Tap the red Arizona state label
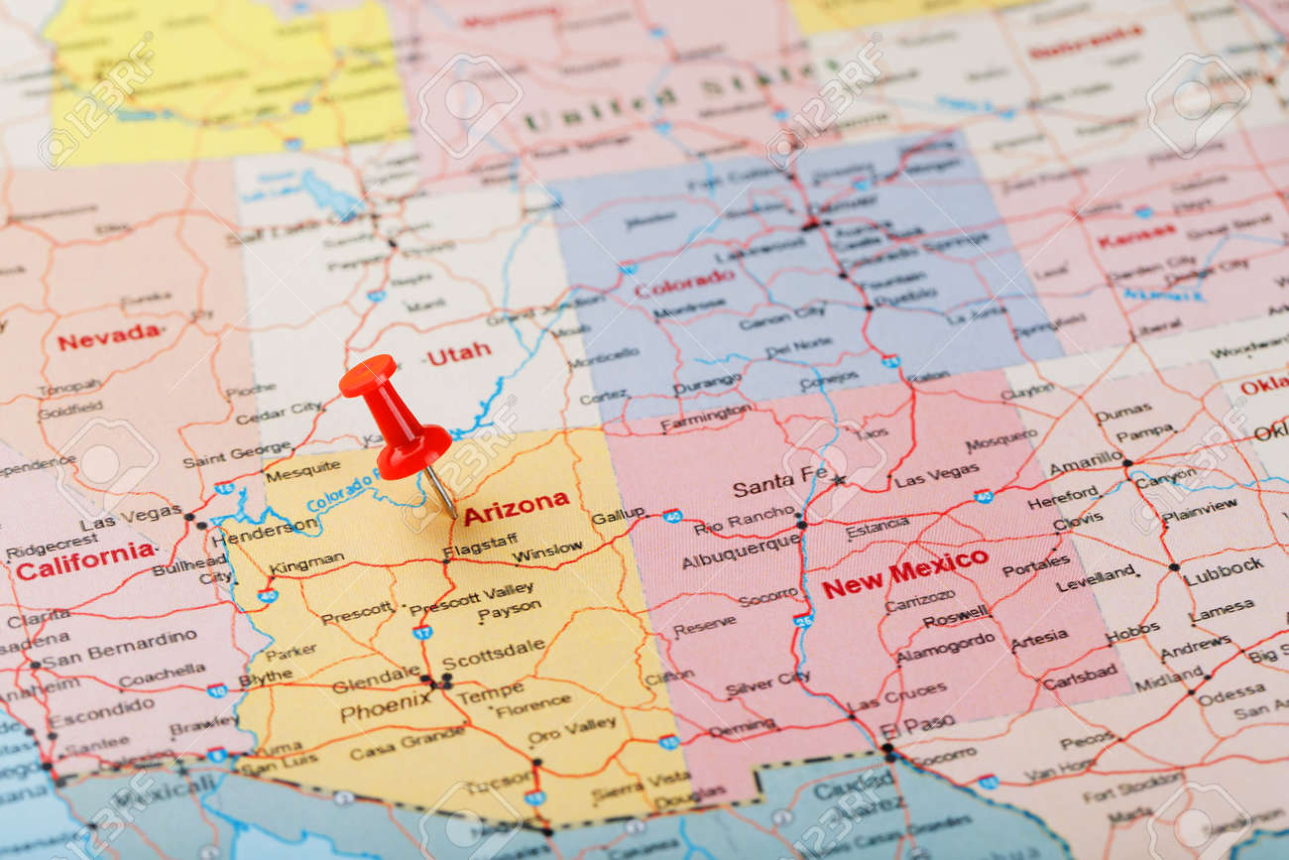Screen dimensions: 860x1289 [517, 507]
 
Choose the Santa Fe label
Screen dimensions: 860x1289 [778, 483]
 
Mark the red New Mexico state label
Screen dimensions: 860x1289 [904, 573]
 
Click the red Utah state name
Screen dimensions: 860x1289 [459, 353]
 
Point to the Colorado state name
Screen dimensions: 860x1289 [684, 283]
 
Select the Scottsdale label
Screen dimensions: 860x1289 [493, 656]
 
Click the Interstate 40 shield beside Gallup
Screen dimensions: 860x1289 [672, 516]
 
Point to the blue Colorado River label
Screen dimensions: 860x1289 [343, 491]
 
